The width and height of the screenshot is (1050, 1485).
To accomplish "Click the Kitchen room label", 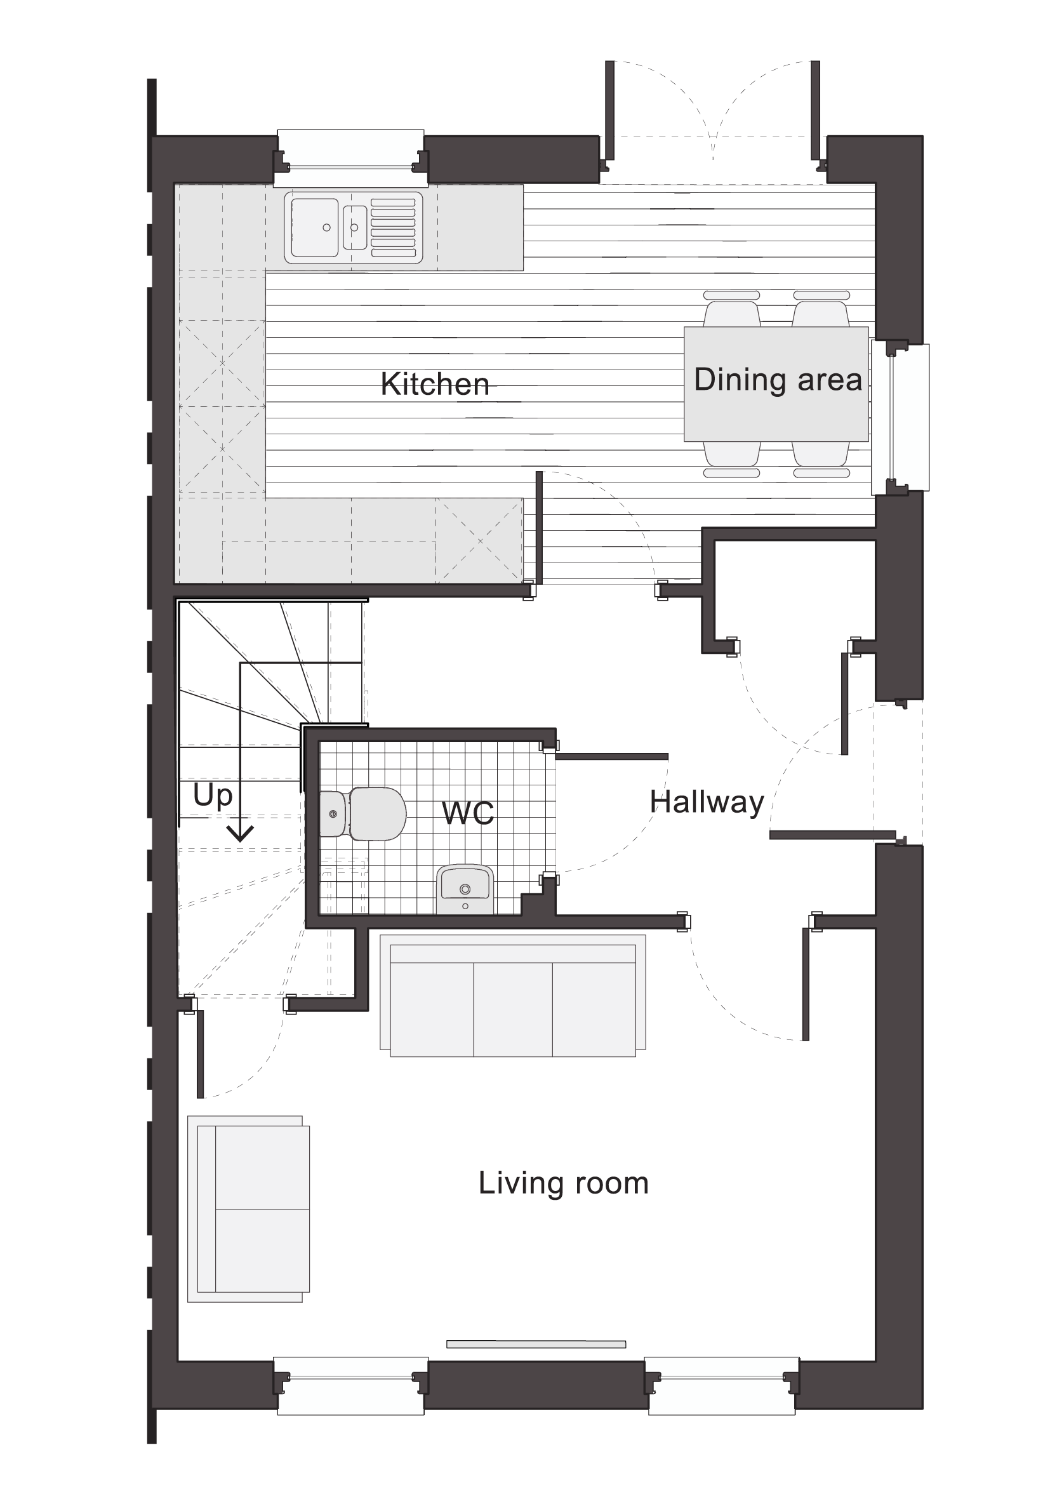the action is pos(434,384).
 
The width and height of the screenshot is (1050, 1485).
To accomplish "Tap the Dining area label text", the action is pos(778,380).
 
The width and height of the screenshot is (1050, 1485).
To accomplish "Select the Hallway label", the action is pos(707,802).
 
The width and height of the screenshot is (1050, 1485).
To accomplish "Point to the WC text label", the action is pos(468,813).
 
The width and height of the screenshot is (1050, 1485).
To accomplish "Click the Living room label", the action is pos(563,1183).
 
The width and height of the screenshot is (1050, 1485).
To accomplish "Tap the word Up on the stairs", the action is pos(213,796).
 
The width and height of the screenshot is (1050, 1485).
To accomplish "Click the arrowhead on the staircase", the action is pos(241,834).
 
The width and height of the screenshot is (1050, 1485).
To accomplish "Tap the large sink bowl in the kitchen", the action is pos(314,227).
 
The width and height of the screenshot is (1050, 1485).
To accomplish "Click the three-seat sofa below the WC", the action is pos(513,996).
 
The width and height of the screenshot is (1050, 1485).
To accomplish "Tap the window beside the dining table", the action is pos(900,418).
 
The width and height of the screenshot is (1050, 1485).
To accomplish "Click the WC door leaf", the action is pos(611,756).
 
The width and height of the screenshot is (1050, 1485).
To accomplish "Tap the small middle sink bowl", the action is pos(354,227).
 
